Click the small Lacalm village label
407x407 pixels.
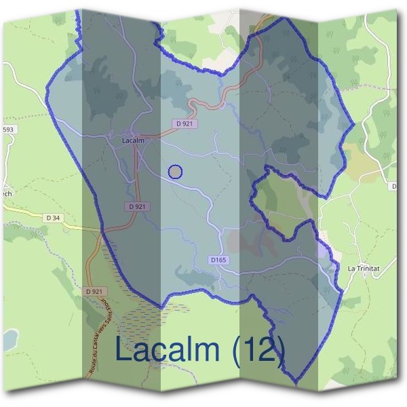(132, 140)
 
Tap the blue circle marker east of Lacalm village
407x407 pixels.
(175, 172)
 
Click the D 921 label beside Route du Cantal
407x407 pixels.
(98, 290)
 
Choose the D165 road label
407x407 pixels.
(218, 260)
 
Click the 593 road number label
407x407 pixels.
(8, 130)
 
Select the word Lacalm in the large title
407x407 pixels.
(168, 349)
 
